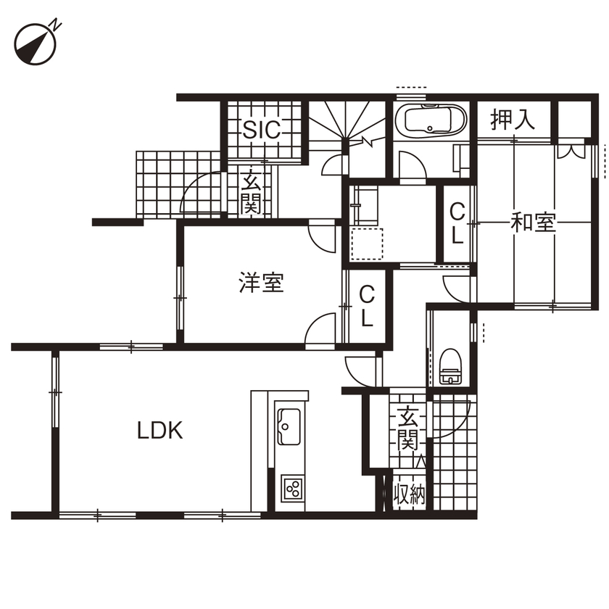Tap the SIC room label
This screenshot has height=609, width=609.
click(x=261, y=130)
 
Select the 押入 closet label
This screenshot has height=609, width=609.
click(x=513, y=120)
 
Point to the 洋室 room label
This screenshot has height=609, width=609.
click(x=261, y=283)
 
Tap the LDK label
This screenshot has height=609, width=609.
click(x=160, y=431)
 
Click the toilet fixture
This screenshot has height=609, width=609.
click(x=451, y=366)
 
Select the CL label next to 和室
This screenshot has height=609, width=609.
click(x=457, y=223)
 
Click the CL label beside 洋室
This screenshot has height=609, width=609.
click(x=368, y=306)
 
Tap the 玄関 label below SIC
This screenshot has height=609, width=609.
click(x=251, y=192)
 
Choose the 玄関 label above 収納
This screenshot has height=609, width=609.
click(x=407, y=428)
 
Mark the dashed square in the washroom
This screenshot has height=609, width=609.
click(x=367, y=244)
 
